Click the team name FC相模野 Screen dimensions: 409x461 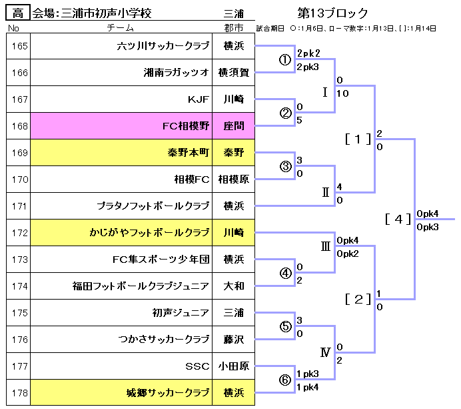186,125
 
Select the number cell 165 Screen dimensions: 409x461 20,46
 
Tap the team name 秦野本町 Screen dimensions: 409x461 189,152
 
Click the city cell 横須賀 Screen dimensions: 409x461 233,73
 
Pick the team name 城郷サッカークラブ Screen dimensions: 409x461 168,392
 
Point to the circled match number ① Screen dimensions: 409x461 285,60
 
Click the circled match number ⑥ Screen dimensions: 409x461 285,380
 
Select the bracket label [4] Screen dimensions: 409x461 398,220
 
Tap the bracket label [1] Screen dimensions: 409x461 358,139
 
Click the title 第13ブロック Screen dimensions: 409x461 333,13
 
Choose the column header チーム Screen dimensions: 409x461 121,28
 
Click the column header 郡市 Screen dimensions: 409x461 233,28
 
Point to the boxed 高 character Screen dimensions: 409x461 17,13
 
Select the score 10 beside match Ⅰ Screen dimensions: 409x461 343,93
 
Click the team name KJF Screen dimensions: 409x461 199,99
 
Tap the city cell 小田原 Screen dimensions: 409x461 233,366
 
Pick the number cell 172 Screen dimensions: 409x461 20,233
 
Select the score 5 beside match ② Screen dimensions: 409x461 300,120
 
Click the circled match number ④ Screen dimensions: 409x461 285,273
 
